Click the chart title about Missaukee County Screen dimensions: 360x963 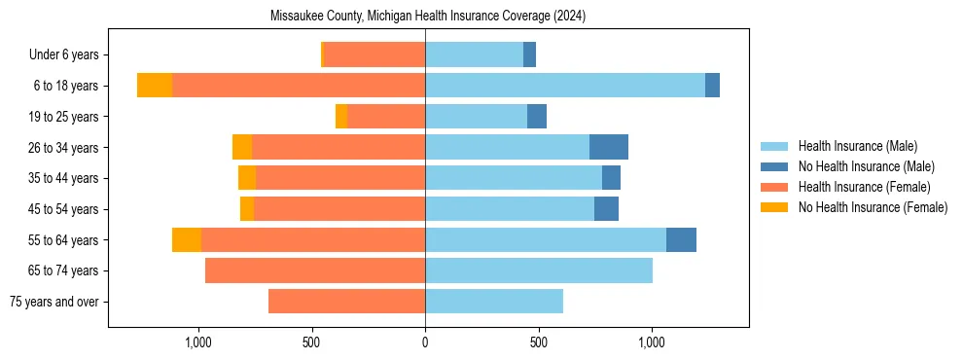(427, 16)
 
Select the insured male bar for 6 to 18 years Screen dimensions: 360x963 (565, 86)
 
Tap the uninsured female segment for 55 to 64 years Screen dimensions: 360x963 (187, 239)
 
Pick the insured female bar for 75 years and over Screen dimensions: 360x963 (346, 302)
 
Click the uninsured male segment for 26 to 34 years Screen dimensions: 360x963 (609, 147)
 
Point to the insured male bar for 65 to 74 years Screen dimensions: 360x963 (539, 270)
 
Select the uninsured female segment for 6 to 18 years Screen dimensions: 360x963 (155, 86)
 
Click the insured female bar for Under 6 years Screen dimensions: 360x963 (374, 54)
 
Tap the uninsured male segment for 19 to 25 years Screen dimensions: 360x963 (537, 117)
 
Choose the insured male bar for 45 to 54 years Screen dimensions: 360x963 (510, 209)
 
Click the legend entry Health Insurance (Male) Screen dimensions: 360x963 (857, 146)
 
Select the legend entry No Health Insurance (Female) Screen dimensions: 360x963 (873, 207)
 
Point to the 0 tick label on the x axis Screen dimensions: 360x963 (425, 342)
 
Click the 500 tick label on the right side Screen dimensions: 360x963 (539, 342)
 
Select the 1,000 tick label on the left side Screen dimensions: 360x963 (197, 342)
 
